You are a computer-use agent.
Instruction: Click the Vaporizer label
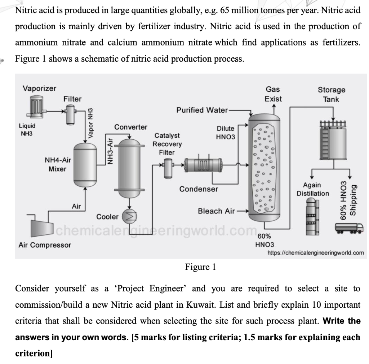tap(39, 88)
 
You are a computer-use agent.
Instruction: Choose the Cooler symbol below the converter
tap(127, 216)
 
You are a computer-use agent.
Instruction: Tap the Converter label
tap(130, 127)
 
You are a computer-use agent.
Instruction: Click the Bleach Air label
tap(216, 211)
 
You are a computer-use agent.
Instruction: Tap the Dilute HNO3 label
tap(225, 133)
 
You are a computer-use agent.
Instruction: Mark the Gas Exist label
tap(273, 94)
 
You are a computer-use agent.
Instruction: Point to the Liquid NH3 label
tap(27, 129)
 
